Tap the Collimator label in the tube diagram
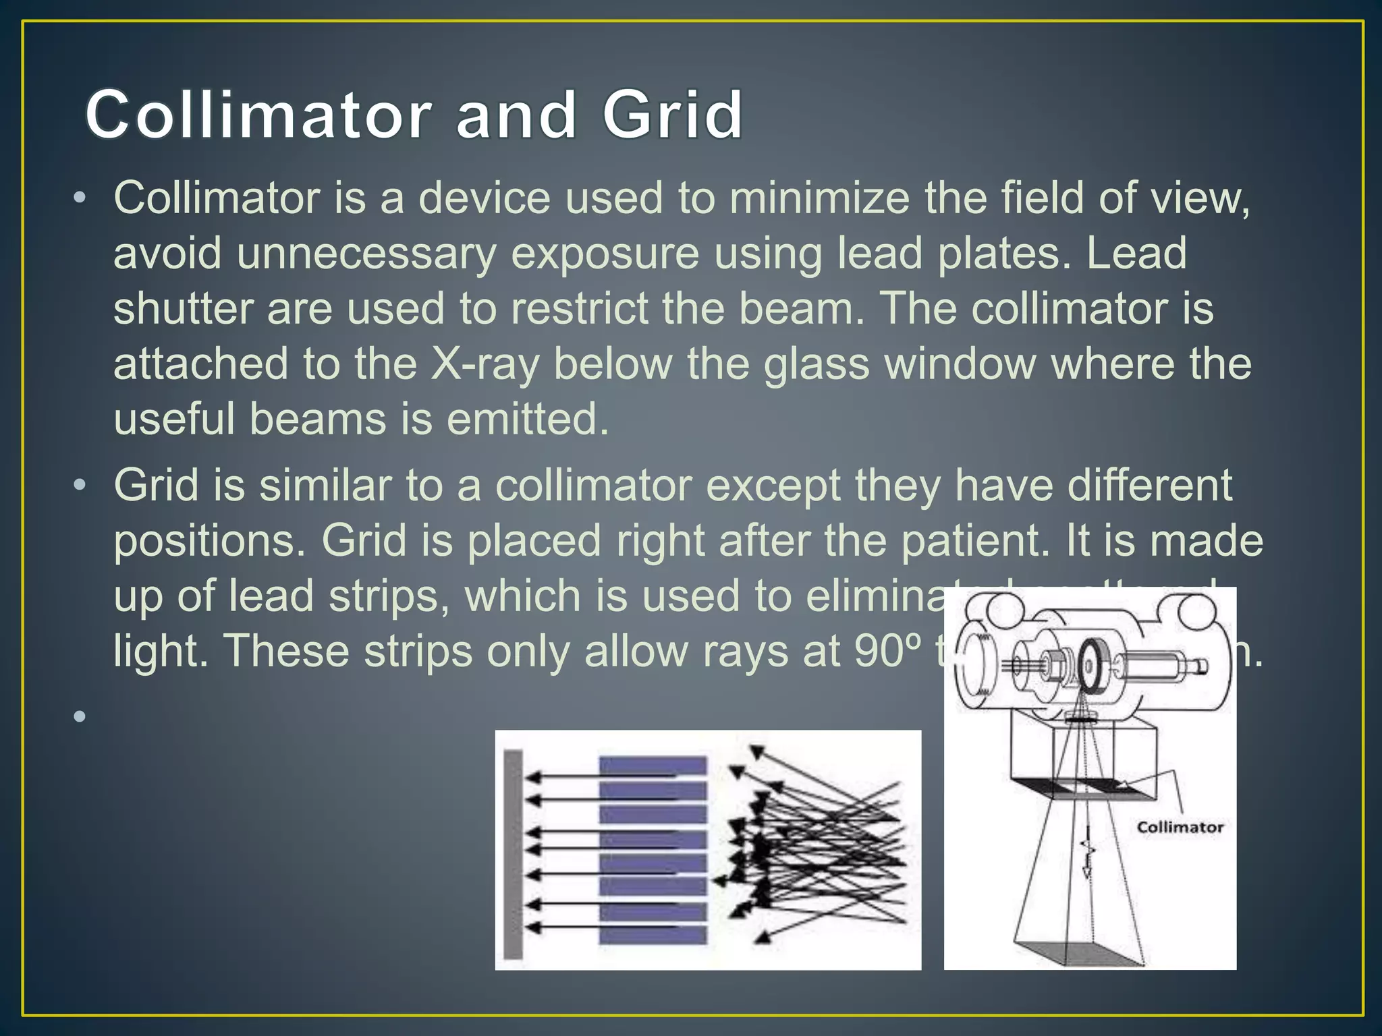click(x=1180, y=827)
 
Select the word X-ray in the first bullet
click(x=485, y=364)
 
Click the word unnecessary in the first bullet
click(x=366, y=254)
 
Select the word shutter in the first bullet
click(x=182, y=309)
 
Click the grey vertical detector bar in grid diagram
click(x=514, y=854)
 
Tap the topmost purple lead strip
click(x=653, y=766)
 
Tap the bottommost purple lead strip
click(x=653, y=935)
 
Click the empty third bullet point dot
click(x=80, y=716)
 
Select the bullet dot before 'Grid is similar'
click(x=80, y=486)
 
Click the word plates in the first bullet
click(x=997, y=254)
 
